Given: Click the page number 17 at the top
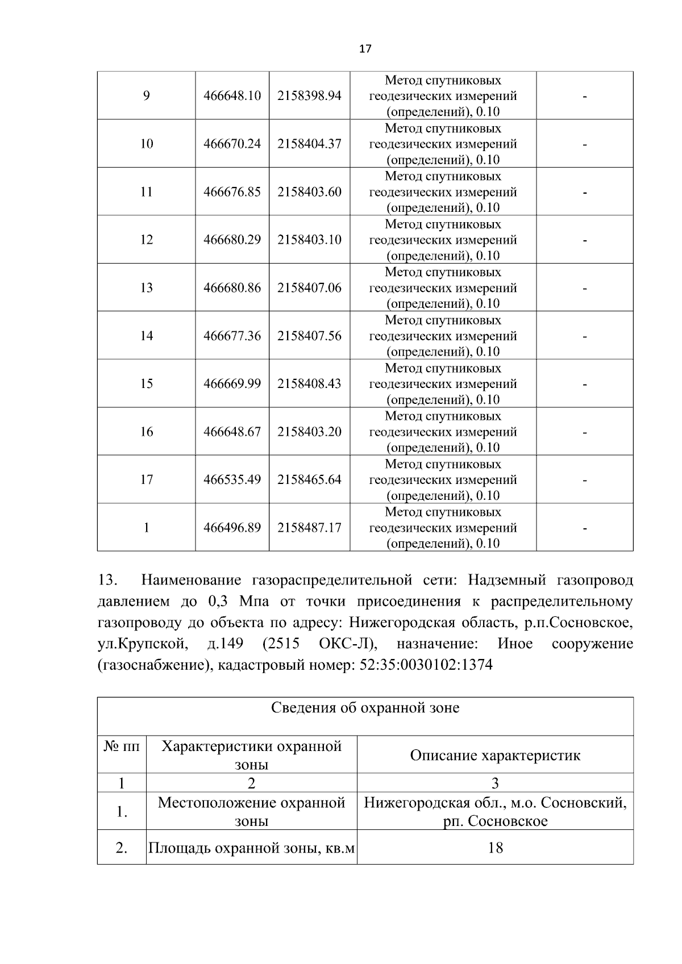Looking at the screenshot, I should tap(365, 49).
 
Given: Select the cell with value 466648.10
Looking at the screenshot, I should tap(232, 96).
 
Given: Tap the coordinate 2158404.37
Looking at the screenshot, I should tap(309, 144).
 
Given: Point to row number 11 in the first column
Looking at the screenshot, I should tap(147, 192).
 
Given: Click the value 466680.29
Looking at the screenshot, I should tap(232, 240).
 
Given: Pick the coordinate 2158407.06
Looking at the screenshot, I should tap(309, 288).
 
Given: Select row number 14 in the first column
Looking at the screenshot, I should tap(147, 336).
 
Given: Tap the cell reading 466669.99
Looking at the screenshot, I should tap(232, 384).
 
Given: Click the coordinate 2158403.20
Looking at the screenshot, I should tap(309, 432).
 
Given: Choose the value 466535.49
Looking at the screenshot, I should tap(232, 480).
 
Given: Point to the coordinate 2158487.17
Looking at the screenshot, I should tap(309, 528).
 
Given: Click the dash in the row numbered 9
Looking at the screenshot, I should tap(584, 96).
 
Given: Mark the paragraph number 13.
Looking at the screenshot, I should tap(107, 581).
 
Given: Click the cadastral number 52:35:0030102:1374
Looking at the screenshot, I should tap(426, 665).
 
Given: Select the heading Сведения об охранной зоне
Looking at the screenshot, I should tap(365, 708).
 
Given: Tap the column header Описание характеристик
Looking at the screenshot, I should tap(495, 756).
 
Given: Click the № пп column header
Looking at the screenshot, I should tap(121, 746).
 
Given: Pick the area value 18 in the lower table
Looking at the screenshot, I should tap(495, 848).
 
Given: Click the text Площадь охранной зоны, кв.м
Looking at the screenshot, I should tap(251, 849).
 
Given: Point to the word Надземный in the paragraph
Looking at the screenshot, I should tap(508, 581).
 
